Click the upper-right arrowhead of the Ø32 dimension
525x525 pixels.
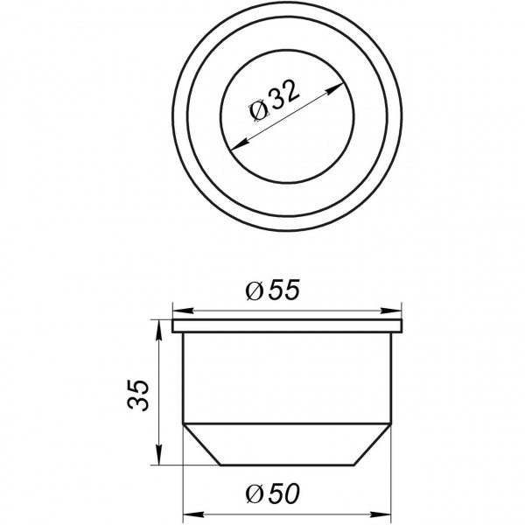point(336,87)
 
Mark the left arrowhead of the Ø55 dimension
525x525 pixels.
point(178,311)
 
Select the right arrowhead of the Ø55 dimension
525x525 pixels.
point(397,311)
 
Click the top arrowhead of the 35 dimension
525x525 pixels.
point(157,326)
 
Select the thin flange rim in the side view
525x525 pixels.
point(288,326)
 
